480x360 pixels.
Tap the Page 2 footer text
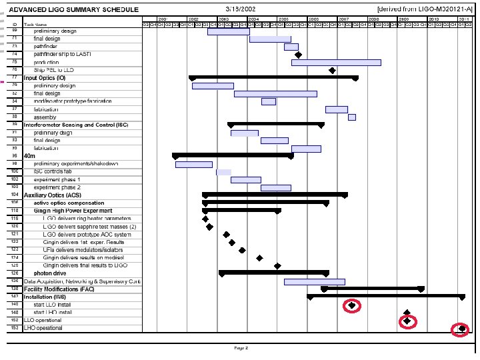coord(241,347)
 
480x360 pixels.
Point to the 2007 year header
coord(343,19)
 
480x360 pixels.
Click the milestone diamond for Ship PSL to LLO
coord(332,70)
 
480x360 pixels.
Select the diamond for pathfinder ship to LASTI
coord(298,55)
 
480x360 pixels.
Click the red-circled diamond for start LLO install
coord(352,305)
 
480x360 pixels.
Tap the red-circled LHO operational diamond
coord(461,329)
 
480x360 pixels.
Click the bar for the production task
coord(336,63)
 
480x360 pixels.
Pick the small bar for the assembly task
coord(351,117)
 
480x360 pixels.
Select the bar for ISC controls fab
coord(223,172)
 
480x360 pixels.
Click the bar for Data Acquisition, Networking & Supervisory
coord(314,281)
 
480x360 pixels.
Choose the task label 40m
coord(29,156)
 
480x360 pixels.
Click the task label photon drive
coord(50,273)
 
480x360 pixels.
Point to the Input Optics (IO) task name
coord(45,78)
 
